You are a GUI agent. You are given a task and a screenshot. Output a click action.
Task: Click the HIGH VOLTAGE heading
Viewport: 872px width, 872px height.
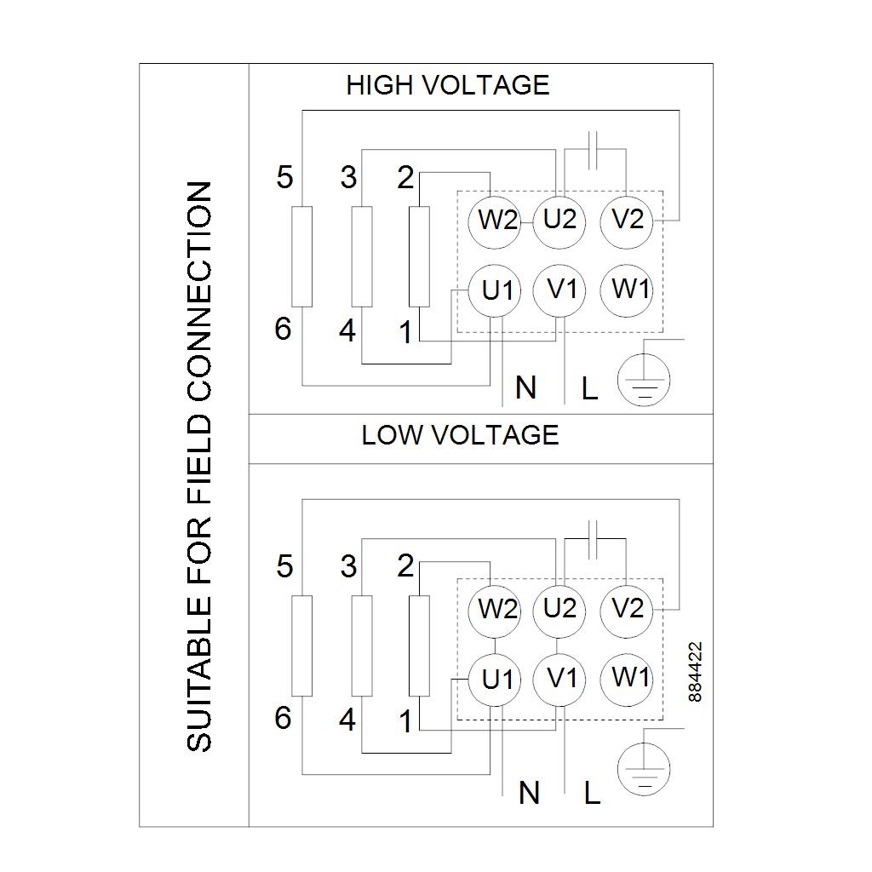click(x=448, y=85)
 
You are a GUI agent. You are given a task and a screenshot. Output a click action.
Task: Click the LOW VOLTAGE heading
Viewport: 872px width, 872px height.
click(x=460, y=435)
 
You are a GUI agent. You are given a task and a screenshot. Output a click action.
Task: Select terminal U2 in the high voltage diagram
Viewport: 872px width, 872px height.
click(x=559, y=220)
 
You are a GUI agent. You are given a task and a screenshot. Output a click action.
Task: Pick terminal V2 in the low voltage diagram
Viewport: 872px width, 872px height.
click(x=627, y=609)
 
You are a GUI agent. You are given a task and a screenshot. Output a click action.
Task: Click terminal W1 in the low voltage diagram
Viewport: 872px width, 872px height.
click(x=630, y=678)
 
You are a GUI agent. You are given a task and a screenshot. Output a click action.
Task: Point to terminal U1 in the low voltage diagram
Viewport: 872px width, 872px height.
click(x=498, y=680)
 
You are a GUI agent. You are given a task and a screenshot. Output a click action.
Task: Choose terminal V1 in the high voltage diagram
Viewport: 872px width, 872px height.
click(x=560, y=290)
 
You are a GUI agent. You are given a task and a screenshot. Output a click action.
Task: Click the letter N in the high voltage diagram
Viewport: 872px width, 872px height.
click(x=526, y=388)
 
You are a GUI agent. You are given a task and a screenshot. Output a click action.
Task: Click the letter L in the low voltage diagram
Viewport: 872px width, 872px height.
click(x=592, y=794)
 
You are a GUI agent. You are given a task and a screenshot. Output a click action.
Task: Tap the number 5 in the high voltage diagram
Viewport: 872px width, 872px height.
click(x=284, y=178)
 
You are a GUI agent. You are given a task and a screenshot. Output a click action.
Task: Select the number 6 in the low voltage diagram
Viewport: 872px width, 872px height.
click(x=283, y=719)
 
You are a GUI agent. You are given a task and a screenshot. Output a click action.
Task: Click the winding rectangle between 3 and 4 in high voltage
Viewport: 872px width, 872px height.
click(x=362, y=256)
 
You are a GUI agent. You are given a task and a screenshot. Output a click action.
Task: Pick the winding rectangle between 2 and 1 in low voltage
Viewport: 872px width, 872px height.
click(x=419, y=646)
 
